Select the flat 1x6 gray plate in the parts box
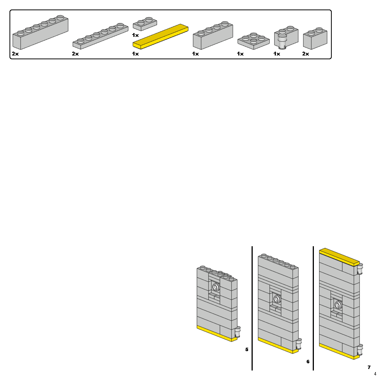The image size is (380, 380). click(100, 36)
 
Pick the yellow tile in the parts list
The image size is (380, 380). click(160, 36)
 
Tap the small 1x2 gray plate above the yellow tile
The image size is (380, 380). click(144, 24)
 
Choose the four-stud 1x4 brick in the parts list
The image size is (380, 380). click(213, 36)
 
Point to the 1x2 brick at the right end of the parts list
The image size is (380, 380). click(315, 39)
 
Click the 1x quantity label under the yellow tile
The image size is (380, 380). click(135, 54)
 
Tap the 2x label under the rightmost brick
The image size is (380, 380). click(306, 54)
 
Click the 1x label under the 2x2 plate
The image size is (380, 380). click(240, 54)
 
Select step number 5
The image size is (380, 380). click(247, 349)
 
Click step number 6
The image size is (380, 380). click(308, 361)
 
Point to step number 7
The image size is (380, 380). click(369, 367)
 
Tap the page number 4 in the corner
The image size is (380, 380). click(375, 374)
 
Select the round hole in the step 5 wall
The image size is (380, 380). click(216, 287)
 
